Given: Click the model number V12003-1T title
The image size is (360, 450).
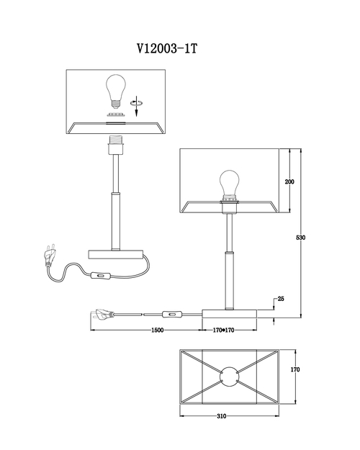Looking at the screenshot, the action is pos(167,49).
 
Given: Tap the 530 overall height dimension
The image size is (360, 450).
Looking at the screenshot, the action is pos(300,238).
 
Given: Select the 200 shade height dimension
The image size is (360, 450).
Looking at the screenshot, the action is pos(289,181).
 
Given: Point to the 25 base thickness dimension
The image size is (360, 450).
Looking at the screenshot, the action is pos(281,299).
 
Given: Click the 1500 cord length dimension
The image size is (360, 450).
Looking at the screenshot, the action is pos(158,330).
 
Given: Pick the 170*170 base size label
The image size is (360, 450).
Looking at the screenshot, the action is pos(223,330).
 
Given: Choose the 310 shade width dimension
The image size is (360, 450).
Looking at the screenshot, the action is pos(221,416).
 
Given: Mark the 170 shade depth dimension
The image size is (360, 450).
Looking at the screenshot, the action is pos(294,369).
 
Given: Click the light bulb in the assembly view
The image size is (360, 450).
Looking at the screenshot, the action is pos(116,91).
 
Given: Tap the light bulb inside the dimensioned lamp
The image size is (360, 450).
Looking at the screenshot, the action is pos(230,185).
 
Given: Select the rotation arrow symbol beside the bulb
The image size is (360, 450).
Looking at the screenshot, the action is pos(137,106).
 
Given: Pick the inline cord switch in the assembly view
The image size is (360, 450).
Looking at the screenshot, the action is pos(100,276).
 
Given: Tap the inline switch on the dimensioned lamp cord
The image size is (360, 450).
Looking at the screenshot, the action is pos(172,315).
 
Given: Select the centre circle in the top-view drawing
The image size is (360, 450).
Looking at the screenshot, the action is pos(229,377).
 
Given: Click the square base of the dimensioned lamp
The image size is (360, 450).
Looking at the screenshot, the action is pos(230,314).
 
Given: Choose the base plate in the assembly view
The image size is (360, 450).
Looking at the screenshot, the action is pos(116,255).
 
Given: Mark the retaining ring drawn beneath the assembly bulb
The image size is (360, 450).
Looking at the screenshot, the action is pos(116,114).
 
